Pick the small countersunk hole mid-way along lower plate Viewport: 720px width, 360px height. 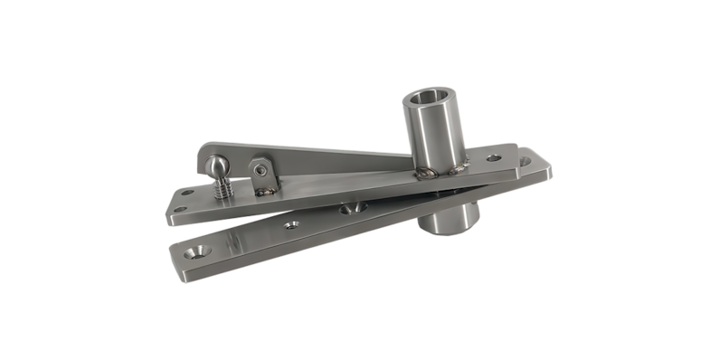pos(290,223)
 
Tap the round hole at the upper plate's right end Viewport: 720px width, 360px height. pos(494,157)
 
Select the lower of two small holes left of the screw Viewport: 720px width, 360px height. pos(178,210)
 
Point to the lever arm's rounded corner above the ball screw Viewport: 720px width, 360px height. pos(204,148)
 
